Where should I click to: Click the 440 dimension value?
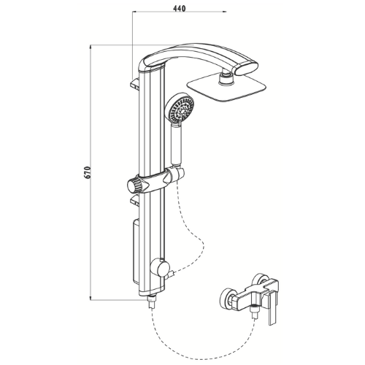[x=180, y=8]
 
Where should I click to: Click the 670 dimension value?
[x=88, y=172]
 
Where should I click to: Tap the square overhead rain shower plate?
[x=226, y=89]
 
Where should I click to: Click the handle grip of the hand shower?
[x=177, y=144]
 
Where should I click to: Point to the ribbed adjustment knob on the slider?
[x=134, y=186]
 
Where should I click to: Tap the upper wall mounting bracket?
[x=135, y=83]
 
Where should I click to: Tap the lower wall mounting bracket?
[x=135, y=199]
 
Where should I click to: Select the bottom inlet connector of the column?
[x=152, y=301]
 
